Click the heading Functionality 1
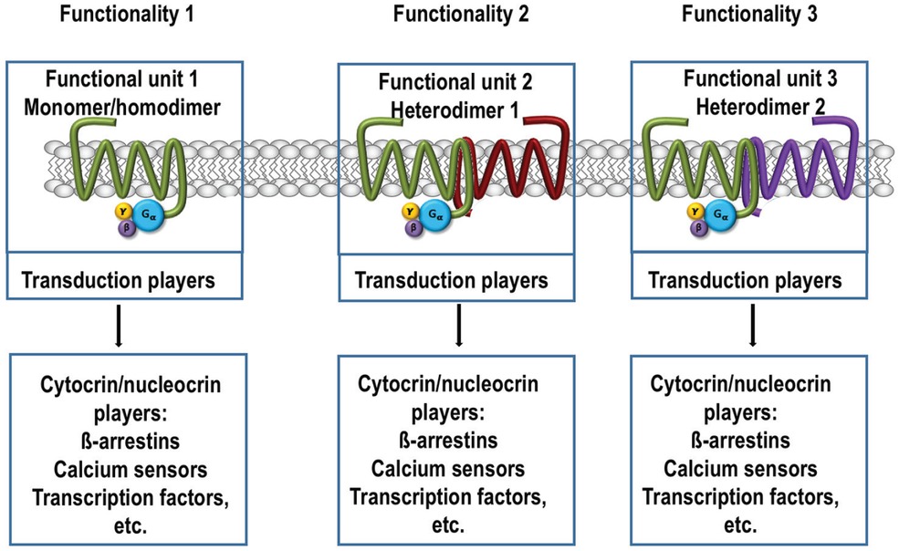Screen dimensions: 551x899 coord(131,15)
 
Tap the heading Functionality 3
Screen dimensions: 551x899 coord(749,15)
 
